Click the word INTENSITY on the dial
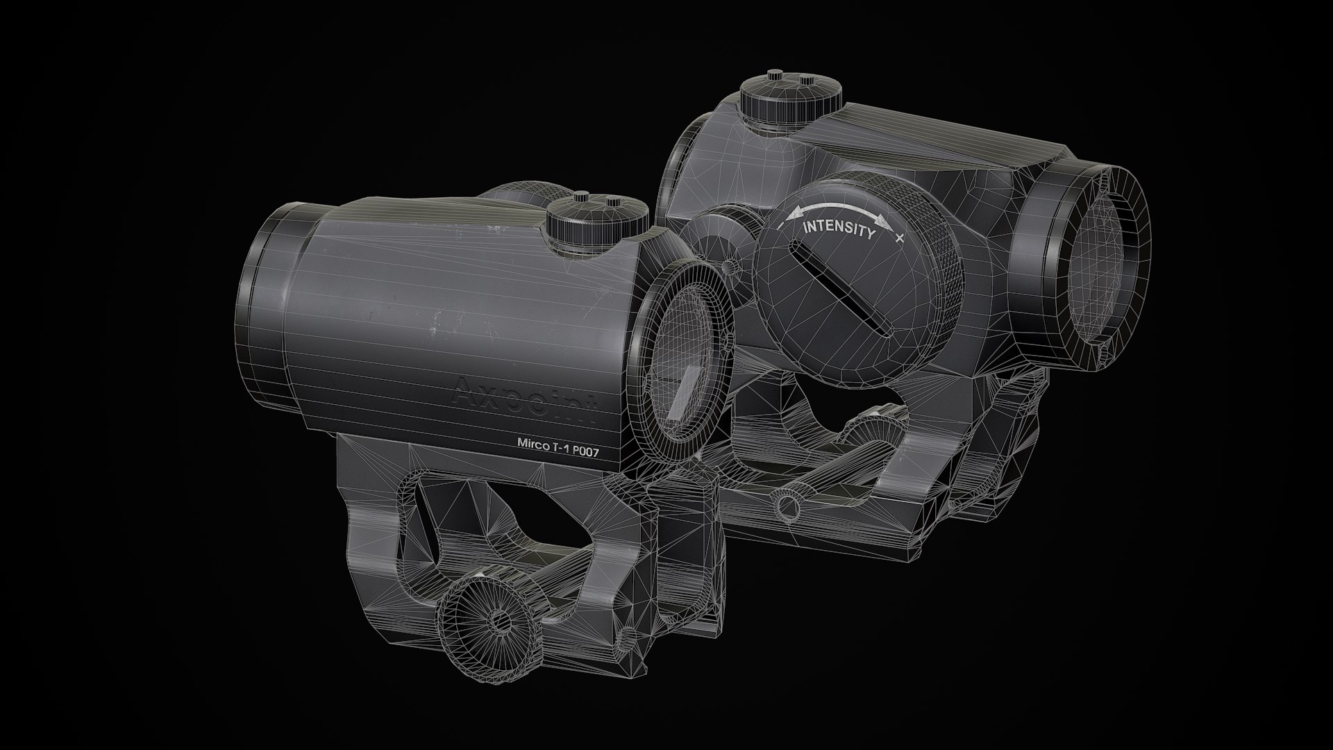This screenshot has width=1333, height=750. (839, 229)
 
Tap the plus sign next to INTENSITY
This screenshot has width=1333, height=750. (900, 238)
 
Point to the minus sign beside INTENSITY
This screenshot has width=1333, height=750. (781, 228)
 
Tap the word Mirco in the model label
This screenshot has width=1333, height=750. (533, 442)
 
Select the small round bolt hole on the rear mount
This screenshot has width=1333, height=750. (787, 503)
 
